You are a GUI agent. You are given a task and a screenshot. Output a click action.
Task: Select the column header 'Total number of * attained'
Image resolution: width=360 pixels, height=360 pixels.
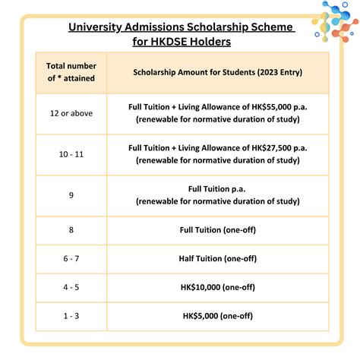coord(71,73)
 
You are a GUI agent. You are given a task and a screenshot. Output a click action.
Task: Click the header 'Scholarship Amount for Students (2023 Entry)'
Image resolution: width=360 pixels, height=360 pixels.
coord(217,73)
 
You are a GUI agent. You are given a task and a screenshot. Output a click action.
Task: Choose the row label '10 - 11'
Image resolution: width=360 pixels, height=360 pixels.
coord(71,153)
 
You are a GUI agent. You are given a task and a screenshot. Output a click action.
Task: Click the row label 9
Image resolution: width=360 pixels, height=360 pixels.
coord(71,195)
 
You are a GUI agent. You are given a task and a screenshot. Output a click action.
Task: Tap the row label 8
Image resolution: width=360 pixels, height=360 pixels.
coord(71,229)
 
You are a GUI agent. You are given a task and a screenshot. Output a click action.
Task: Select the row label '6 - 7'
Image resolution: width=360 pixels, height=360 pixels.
coord(71,258)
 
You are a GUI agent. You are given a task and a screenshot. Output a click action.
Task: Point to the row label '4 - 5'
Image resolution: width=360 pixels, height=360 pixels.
coord(71,287)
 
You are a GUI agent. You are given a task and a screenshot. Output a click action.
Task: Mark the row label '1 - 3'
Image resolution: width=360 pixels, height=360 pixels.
coord(71,315)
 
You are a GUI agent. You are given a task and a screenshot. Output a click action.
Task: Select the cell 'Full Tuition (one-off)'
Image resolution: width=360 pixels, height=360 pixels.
coord(217,229)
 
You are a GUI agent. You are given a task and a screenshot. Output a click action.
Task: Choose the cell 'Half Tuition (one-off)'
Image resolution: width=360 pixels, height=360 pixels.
coord(217,258)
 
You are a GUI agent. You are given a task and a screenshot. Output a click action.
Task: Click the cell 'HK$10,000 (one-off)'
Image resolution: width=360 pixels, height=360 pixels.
coord(217,287)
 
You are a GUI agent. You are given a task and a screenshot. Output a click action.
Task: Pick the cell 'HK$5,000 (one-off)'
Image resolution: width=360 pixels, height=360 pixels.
coord(217,315)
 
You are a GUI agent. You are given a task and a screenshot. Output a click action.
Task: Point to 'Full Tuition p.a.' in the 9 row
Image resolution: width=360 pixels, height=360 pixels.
coord(217,188)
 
